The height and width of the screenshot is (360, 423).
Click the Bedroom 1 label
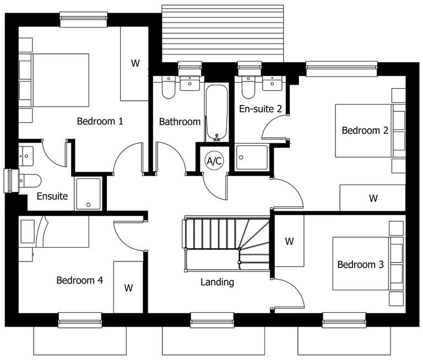tap(100, 121)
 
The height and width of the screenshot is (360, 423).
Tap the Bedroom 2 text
tap(365, 130)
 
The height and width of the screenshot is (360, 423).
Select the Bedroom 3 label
tap(360, 265)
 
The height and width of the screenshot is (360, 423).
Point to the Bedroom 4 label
tap(80, 280)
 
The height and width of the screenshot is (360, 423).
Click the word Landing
tap(217, 282)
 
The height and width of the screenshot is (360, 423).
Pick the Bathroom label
tap(180, 122)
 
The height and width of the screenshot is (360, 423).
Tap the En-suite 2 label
tap(260, 109)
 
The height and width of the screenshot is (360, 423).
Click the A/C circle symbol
tap(214, 161)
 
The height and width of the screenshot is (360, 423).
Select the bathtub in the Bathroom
tap(216, 113)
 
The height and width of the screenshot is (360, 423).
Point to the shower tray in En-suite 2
tap(252, 157)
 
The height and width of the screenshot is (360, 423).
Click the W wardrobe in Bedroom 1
tap(134, 63)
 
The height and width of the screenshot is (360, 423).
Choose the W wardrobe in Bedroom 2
tap(373, 198)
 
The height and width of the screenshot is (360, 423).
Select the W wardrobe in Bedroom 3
tap(289, 241)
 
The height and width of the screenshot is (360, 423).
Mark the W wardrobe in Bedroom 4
tap(128, 287)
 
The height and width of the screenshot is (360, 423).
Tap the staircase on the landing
tap(226, 242)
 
